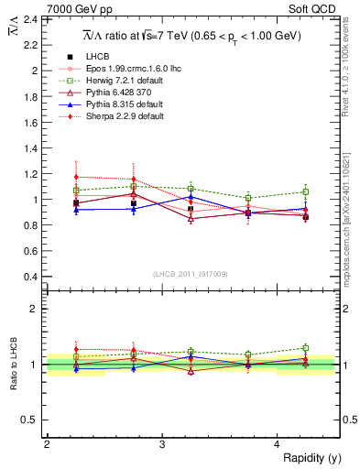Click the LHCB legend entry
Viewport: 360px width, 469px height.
pyautogui.click(x=97, y=57)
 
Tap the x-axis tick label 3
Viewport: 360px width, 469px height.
pyautogui.click(x=162, y=444)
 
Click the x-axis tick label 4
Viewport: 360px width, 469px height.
pyautogui.click(x=278, y=444)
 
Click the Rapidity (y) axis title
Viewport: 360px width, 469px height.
pyautogui.click(x=311, y=458)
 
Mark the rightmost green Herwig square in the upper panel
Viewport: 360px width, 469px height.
pyautogui.click(x=306, y=191)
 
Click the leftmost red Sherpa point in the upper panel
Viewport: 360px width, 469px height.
pyautogui.click(x=76, y=177)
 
